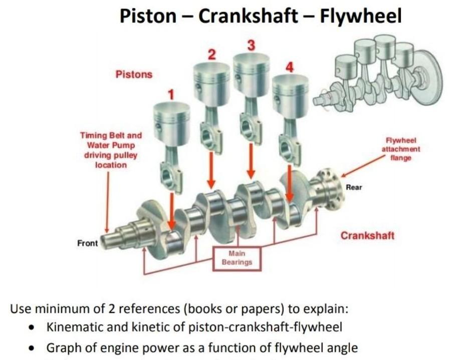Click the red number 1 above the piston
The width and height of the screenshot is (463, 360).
171,94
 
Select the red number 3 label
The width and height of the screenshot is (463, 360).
251,45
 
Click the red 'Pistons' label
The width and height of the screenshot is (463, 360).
134,75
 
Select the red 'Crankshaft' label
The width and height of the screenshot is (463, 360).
368,235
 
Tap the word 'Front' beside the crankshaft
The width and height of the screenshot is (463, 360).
87,243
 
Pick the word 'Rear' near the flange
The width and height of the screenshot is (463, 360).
354,187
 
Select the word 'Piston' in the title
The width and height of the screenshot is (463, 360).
148,16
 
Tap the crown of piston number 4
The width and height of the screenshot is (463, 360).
290,81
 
